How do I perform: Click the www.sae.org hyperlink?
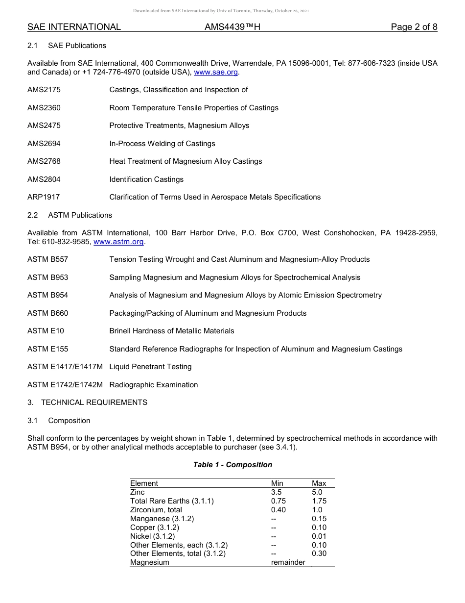click(216, 72)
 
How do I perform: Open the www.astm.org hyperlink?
click(118, 242)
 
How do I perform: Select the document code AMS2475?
click(44, 126)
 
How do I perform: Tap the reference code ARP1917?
click(44, 197)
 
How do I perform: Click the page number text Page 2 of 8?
click(414, 27)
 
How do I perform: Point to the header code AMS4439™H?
click(232, 27)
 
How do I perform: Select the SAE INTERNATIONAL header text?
click(74, 27)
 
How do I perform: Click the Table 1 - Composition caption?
click(232, 465)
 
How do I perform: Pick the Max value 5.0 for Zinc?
click(317, 492)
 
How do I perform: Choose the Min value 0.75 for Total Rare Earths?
click(279, 501)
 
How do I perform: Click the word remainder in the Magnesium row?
click(288, 562)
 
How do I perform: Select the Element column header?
click(144, 483)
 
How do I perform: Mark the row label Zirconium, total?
click(156, 510)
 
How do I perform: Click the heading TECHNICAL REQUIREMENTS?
click(94, 402)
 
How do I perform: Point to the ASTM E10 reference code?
click(46, 331)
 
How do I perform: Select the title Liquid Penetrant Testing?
click(150, 367)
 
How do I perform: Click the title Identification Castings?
click(146, 179)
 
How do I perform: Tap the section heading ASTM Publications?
click(80, 215)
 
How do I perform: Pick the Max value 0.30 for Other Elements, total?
click(319, 553)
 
